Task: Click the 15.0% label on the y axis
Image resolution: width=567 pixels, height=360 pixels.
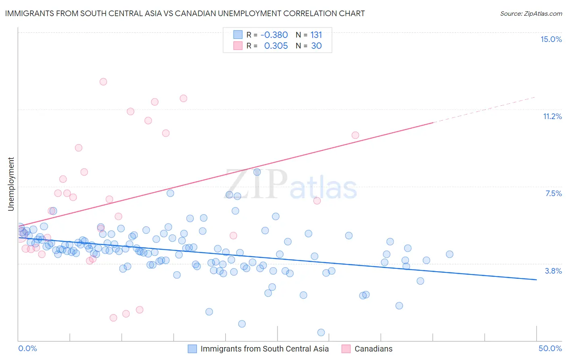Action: pos(551,39)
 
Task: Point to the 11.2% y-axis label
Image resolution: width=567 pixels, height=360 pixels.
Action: pos(552,116)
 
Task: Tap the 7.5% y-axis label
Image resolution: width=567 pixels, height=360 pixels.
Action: pos(553,193)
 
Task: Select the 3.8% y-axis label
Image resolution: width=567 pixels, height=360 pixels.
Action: pos(553,271)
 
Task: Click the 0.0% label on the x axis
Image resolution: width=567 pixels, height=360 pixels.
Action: pos(27,348)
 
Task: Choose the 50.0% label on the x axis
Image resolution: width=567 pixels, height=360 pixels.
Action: pos(550,348)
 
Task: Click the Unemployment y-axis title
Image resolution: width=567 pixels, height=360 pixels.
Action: pos(11,184)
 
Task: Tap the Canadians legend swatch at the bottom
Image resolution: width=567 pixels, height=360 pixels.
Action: pos(346,349)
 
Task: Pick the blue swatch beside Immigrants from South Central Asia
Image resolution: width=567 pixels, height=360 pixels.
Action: pos(192,349)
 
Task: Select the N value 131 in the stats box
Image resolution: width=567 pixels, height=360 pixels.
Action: pos(316,35)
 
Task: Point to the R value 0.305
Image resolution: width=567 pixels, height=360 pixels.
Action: pos(276,46)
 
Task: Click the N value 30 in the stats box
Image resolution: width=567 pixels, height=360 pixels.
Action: pos(316,46)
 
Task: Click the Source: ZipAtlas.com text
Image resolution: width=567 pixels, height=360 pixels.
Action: pos(531,13)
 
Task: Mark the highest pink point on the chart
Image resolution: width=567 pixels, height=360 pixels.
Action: pos(103,82)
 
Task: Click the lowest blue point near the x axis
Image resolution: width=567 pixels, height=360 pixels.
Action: pos(321,333)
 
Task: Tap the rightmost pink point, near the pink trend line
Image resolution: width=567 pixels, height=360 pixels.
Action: pos(355,135)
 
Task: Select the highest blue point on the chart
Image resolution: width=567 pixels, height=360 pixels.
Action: pos(257,172)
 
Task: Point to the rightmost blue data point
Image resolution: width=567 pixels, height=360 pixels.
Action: pos(450,254)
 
